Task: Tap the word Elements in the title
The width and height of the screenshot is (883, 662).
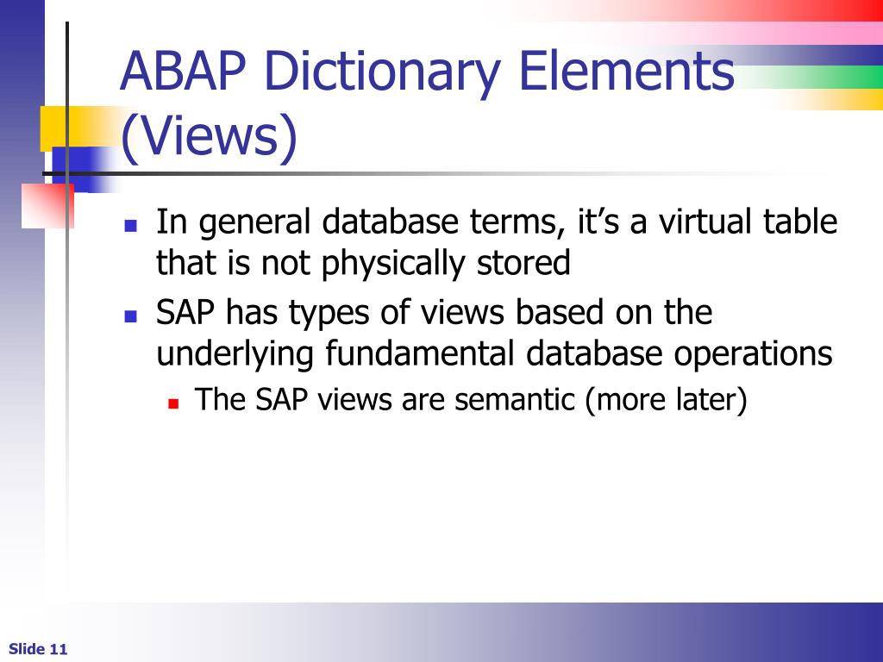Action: click(625, 72)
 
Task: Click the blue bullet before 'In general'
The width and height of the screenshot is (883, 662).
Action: click(131, 227)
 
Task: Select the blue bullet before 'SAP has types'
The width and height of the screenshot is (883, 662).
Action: click(131, 316)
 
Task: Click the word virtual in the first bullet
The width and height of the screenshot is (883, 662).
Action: click(706, 222)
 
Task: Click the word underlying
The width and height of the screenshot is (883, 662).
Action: click(235, 354)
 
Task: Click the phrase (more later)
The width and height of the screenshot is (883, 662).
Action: click(666, 400)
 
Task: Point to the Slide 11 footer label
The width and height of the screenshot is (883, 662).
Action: click(38, 649)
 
